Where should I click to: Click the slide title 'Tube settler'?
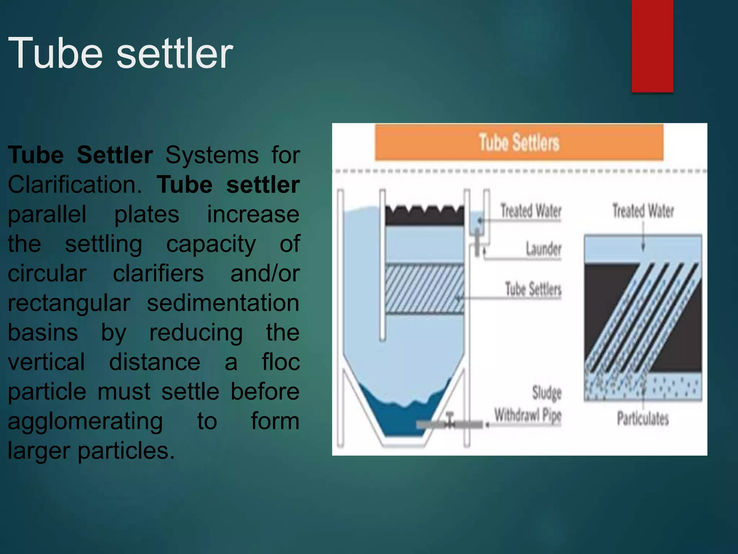click(121, 53)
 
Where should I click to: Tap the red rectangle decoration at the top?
click(652, 46)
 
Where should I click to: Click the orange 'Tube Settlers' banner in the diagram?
click(519, 142)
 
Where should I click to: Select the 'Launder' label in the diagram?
click(543, 249)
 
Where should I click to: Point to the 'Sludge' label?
click(547, 392)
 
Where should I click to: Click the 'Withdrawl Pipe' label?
click(528, 415)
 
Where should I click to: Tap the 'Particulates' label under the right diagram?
click(643, 418)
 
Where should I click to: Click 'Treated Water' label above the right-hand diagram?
click(643, 211)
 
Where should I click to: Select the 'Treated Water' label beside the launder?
click(531, 211)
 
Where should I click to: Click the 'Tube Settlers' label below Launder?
click(533, 289)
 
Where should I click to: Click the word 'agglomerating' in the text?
click(85, 421)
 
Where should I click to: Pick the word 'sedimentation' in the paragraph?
click(223, 303)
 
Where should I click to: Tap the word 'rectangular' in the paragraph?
click(69, 303)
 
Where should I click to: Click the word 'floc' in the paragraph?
click(281, 362)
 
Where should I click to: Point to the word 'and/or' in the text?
click(265, 273)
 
